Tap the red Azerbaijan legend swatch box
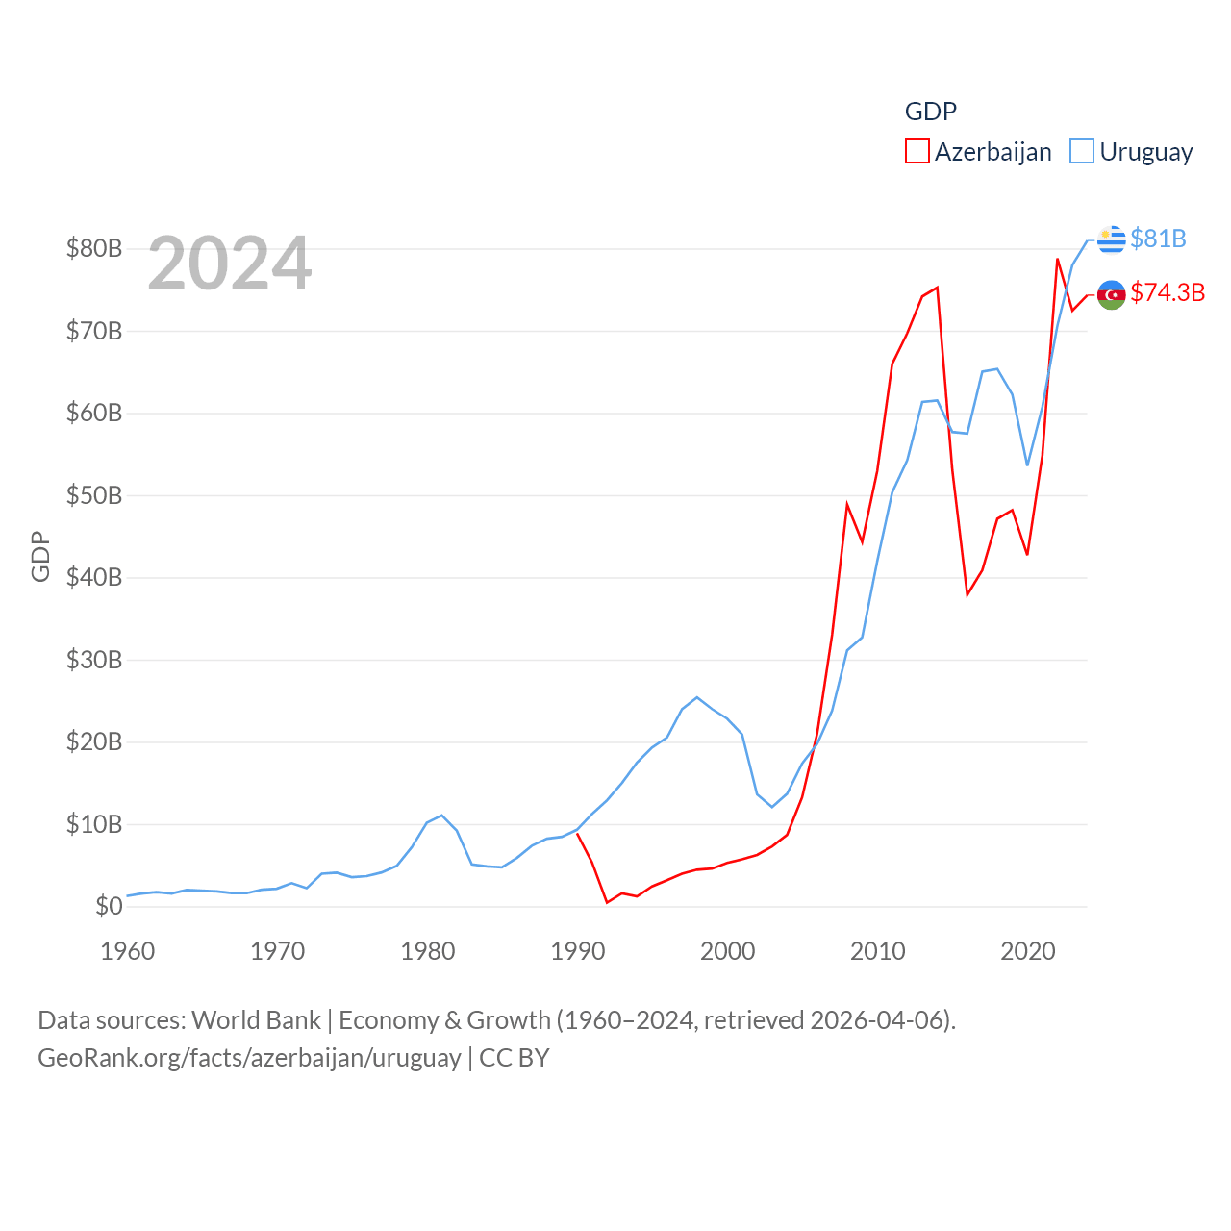(x=917, y=152)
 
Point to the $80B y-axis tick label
(x=94, y=248)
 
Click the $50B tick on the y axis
(x=94, y=495)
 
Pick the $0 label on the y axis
(x=109, y=906)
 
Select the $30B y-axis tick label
(x=94, y=660)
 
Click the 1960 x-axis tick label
(x=128, y=952)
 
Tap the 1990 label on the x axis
(x=578, y=952)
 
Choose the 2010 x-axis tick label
(x=878, y=952)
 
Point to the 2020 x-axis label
(x=1028, y=952)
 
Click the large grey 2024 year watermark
(x=229, y=264)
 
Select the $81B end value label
(x=1158, y=239)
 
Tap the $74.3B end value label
(x=1168, y=292)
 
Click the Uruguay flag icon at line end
(x=1111, y=239)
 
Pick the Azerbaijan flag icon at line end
(x=1111, y=294)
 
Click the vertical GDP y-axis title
(x=40, y=556)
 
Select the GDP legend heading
(x=931, y=112)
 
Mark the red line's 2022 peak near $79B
(x=1058, y=259)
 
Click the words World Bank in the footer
(x=256, y=1019)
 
